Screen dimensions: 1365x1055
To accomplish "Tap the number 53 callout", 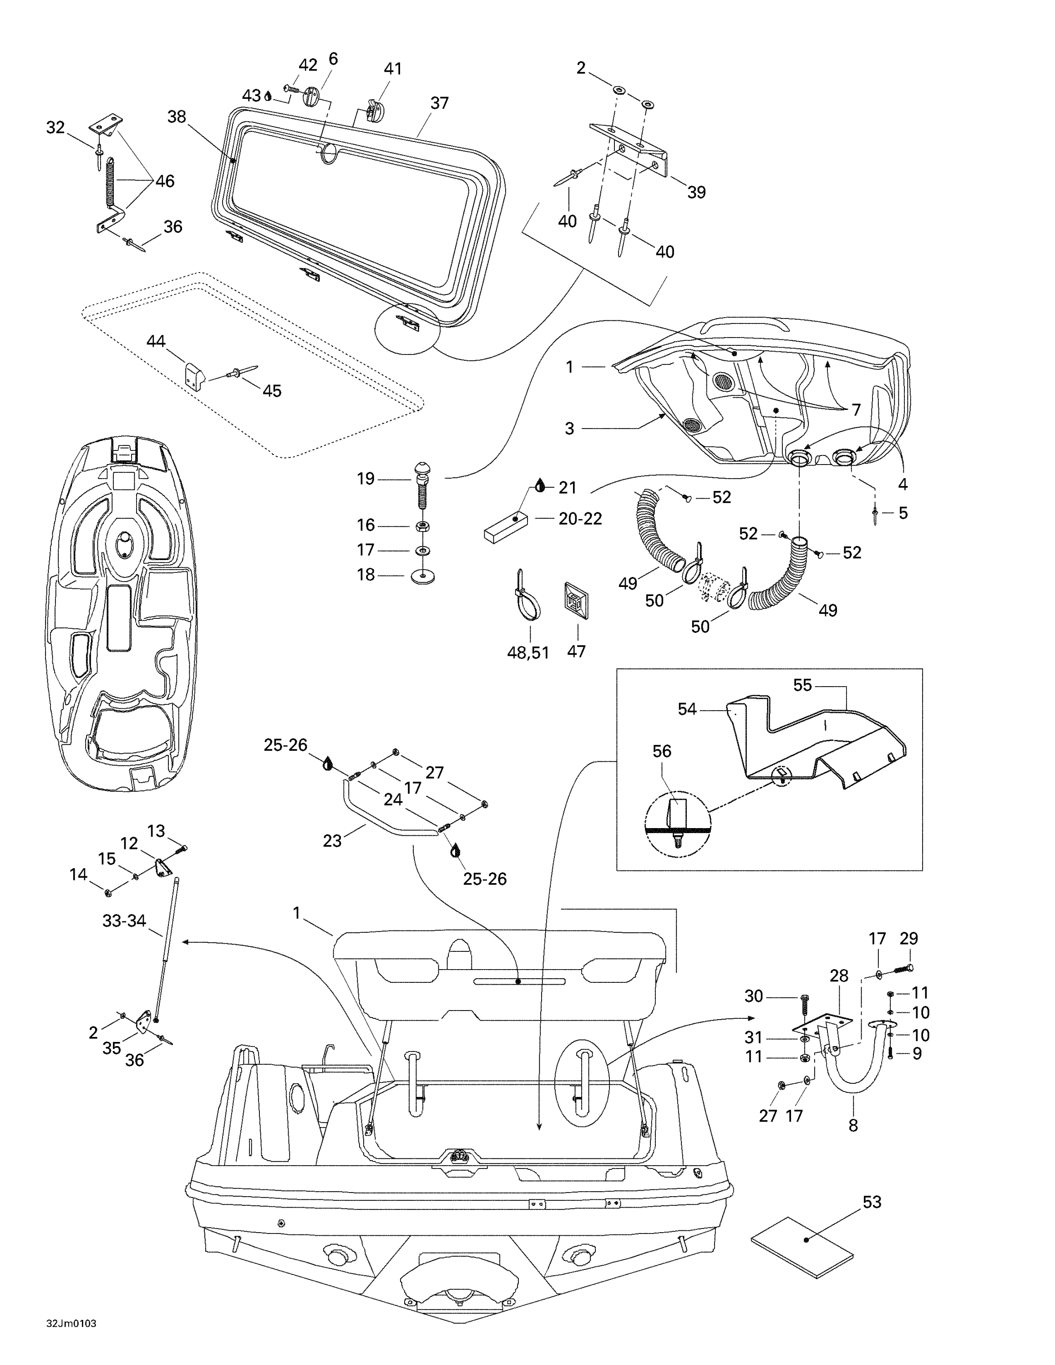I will click(x=872, y=1202).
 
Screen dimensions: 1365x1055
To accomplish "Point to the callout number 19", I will click(x=365, y=479).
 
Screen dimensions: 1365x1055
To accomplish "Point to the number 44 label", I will click(x=156, y=341).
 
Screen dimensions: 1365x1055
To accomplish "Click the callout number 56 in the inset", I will click(x=662, y=751).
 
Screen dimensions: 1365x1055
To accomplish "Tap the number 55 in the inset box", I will click(x=802, y=685).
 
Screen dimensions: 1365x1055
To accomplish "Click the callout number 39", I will click(x=696, y=192).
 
